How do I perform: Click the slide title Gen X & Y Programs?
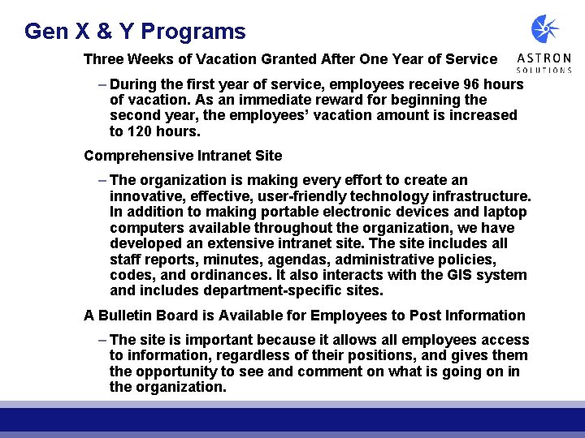tap(135, 32)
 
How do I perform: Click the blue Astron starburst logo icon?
tap(545, 29)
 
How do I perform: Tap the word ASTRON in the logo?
tap(544, 58)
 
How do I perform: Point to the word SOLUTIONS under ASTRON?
tap(544, 71)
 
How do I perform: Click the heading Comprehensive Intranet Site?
tap(183, 156)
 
